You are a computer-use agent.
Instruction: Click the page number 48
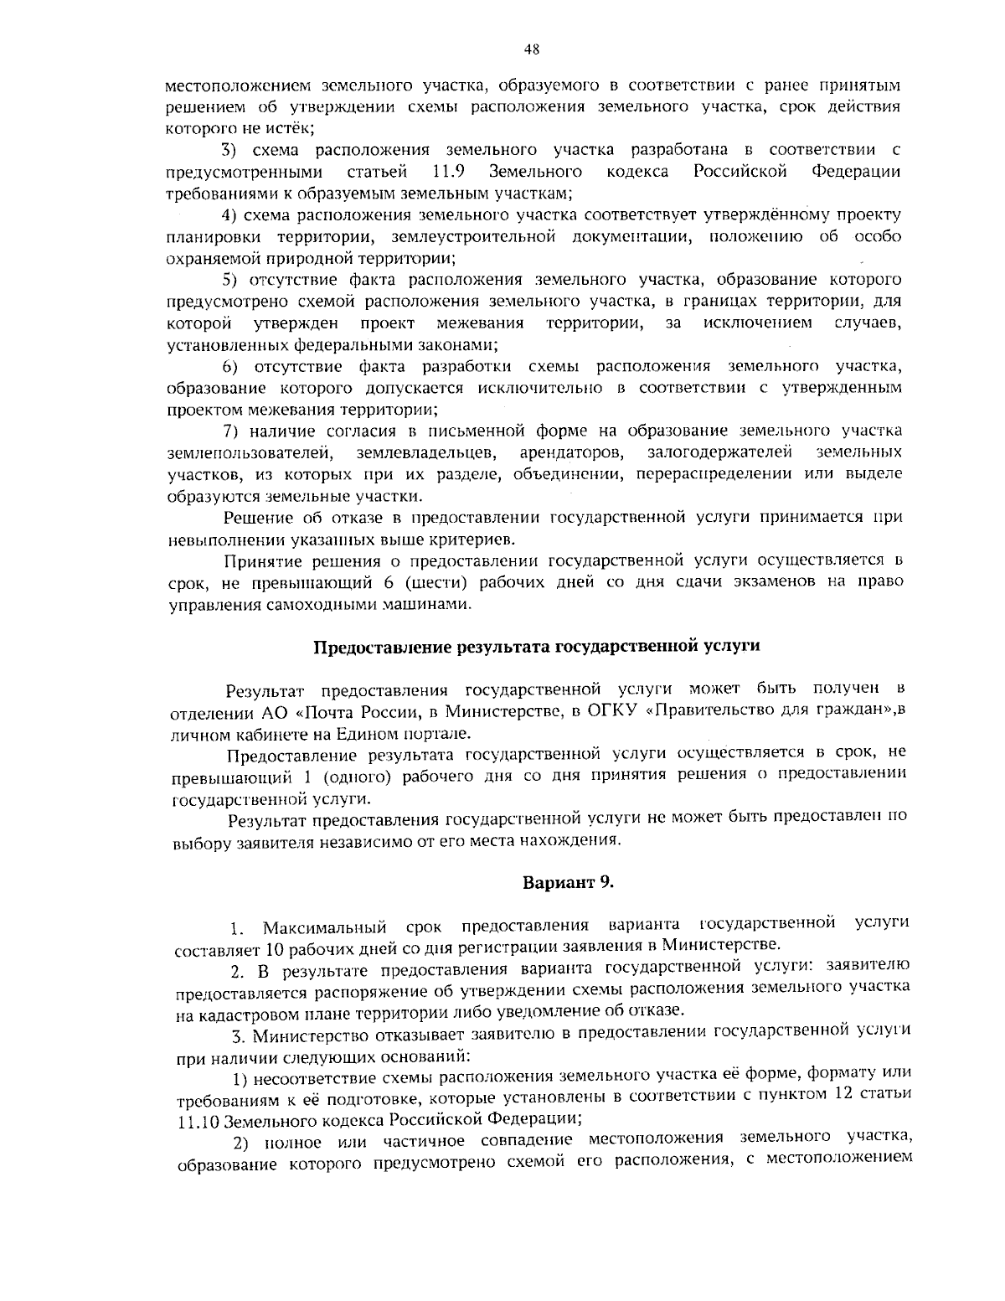pos(530,49)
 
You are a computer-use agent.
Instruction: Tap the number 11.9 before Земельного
pos(449,172)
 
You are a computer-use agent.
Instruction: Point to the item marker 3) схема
pos(229,150)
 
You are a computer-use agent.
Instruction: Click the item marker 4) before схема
pos(229,215)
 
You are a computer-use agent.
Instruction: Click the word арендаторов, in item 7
pos(572,452)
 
